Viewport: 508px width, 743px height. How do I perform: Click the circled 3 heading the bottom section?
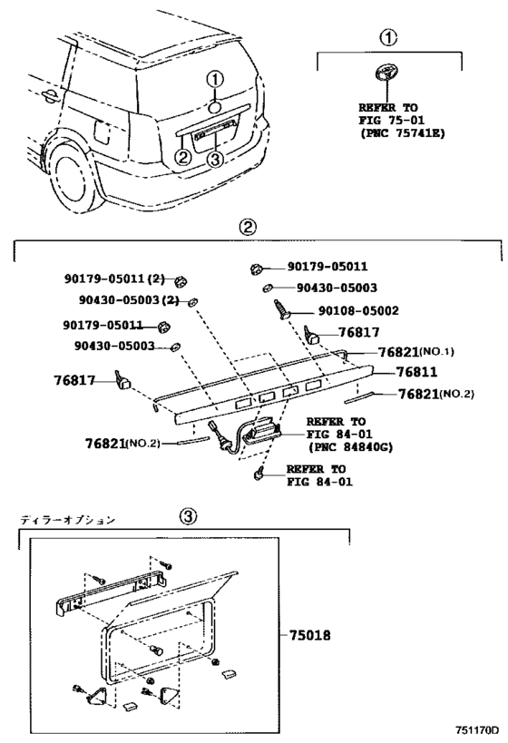186,516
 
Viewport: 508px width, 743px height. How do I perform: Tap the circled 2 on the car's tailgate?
182,157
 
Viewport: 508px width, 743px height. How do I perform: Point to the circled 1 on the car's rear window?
214,81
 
